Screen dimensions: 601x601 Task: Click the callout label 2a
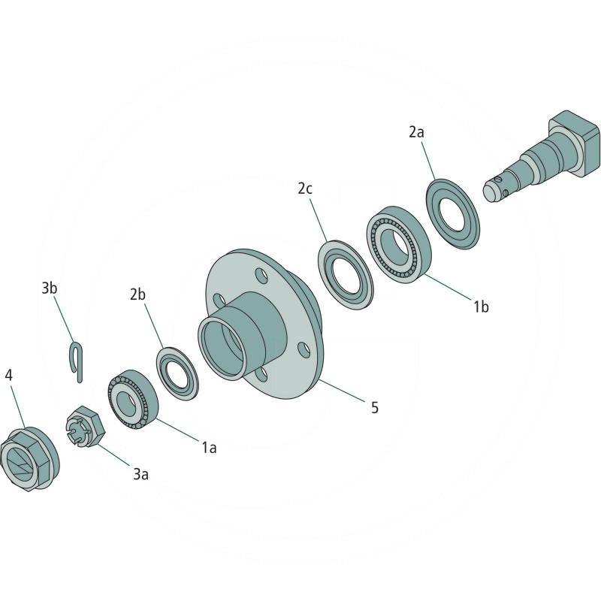tap(416, 131)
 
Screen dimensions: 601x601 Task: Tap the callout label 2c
tap(304, 189)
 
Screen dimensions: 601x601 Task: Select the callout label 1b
tap(481, 306)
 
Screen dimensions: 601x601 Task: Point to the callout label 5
tap(374, 407)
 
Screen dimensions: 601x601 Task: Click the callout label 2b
tap(137, 294)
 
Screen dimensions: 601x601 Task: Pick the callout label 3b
tap(50, 288)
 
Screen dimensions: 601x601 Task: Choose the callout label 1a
tap(208, 447)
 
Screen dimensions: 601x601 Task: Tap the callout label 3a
tap(140, 473)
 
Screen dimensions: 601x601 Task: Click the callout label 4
tap(9, 374)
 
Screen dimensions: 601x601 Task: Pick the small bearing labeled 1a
tap(132, 397)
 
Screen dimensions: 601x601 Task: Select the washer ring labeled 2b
tap(178, 370)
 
